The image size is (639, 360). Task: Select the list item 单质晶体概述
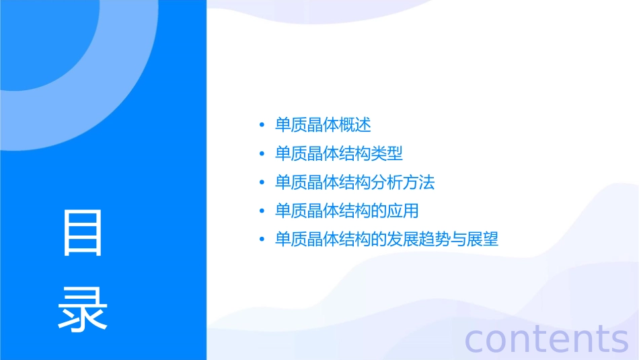click(x=323, y=125)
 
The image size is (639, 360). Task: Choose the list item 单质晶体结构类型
click(x=339, y=153)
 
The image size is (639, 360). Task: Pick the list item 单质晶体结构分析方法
click(x=354, y=182)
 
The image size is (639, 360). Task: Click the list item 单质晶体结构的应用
click(x=346, y=211)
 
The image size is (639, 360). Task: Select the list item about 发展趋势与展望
click(x=387, y=240)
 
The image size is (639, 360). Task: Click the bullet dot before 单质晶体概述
click(x=262, y=126)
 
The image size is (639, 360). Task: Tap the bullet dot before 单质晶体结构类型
click(x=262, y=154)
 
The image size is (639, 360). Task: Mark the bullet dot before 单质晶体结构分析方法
click(x=262, y=183)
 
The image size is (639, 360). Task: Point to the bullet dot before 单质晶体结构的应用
click(x=262, y=211)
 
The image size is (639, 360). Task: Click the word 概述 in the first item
click(x=355, y=125)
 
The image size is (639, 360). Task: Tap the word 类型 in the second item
click(x=387, y=153)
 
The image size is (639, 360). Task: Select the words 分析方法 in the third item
click(x=403, y=182)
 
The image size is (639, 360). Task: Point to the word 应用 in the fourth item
click(x=403, y=211)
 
